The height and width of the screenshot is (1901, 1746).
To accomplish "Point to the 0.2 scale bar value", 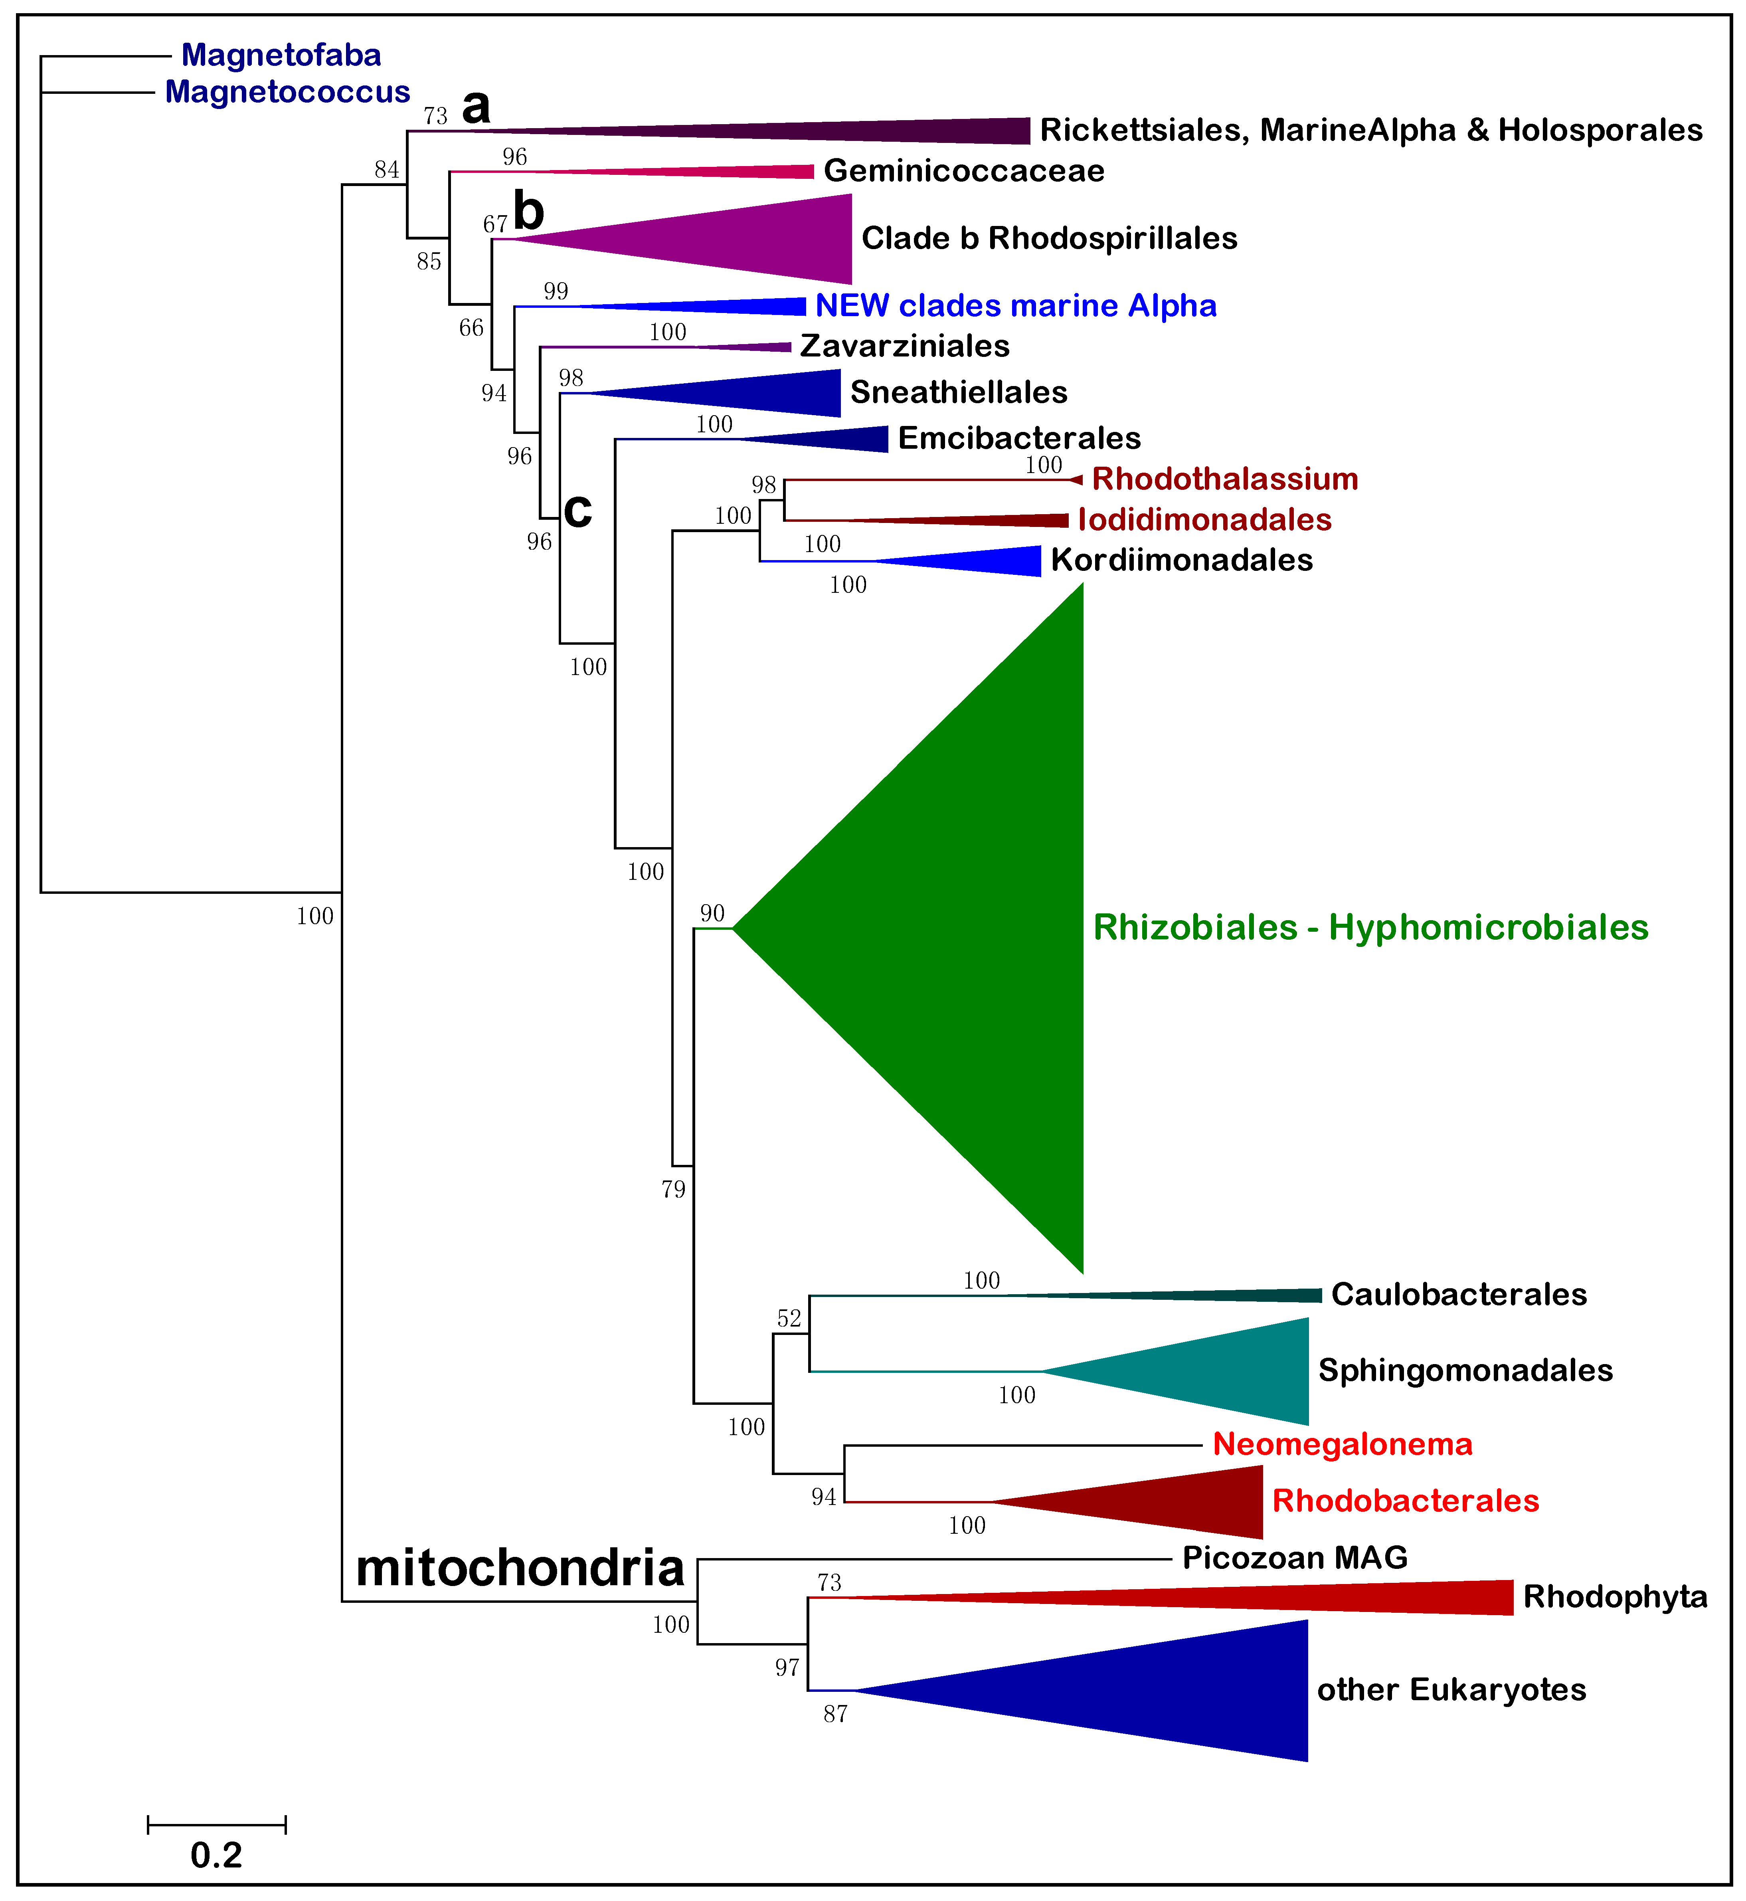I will [x=216, y=1855].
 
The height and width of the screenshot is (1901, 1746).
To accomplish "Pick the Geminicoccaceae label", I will [x=964, y=171].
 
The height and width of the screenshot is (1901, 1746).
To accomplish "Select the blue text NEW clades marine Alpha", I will [x=1016, y=306].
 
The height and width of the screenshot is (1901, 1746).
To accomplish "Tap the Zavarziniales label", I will [x=904, y=347].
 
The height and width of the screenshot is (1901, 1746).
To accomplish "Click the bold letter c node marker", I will [x=577, y=510].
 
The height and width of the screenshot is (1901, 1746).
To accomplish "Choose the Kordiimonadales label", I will [x=1181, y=560].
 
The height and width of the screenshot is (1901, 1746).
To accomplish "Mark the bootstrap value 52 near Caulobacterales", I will [x=789, y=1318].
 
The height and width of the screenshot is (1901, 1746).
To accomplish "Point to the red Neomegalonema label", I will [x=1342, y=1445].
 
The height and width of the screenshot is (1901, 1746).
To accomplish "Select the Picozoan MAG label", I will [x=1294, y=1558].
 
